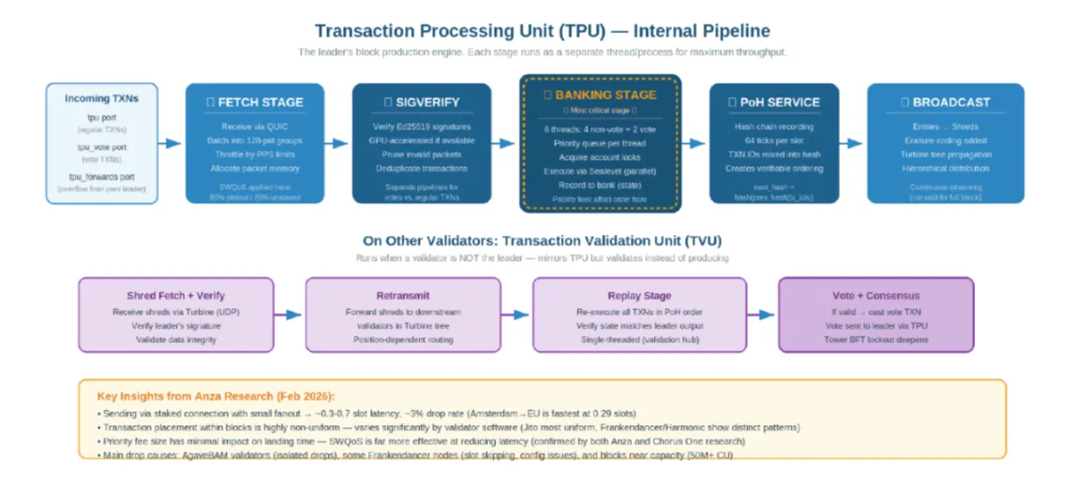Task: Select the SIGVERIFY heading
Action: [x=421, y=102]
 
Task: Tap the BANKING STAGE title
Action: [x=600, y=95]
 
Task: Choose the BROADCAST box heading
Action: [x=945, y=102]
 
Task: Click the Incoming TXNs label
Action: [x=100, y=98]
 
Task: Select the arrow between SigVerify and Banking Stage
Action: [x=506, y=143]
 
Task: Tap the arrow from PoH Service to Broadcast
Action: [x=851, y=143]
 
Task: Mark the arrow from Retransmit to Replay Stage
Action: [x=514, y=314]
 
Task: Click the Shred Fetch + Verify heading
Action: [x=175, y=295]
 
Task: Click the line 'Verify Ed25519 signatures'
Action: [x=421, y=126]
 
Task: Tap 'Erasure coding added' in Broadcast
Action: [x=945, y=140]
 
